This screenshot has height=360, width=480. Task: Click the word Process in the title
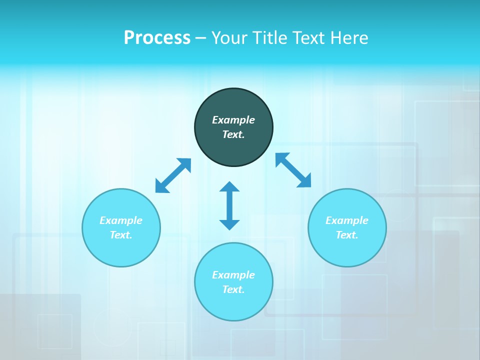point(157,38)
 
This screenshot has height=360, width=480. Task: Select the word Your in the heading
point(227,38)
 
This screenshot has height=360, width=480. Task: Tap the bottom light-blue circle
point(233,305)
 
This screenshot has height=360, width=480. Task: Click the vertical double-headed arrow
point(229,205)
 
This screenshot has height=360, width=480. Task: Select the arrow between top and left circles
point(173,175)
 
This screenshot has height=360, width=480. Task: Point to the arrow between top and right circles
point(293,170)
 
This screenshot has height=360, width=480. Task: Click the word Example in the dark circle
point(233,120)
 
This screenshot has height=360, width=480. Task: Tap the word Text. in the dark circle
point(233,134)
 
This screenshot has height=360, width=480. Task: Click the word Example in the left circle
point(121,220)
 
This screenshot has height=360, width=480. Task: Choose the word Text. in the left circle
point(121,235)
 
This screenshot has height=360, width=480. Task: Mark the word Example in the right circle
point(347,220)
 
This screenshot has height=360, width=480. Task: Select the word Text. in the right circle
point(347,235)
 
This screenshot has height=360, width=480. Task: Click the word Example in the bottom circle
point(233,275)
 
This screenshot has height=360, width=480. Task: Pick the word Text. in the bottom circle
point(233,289)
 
